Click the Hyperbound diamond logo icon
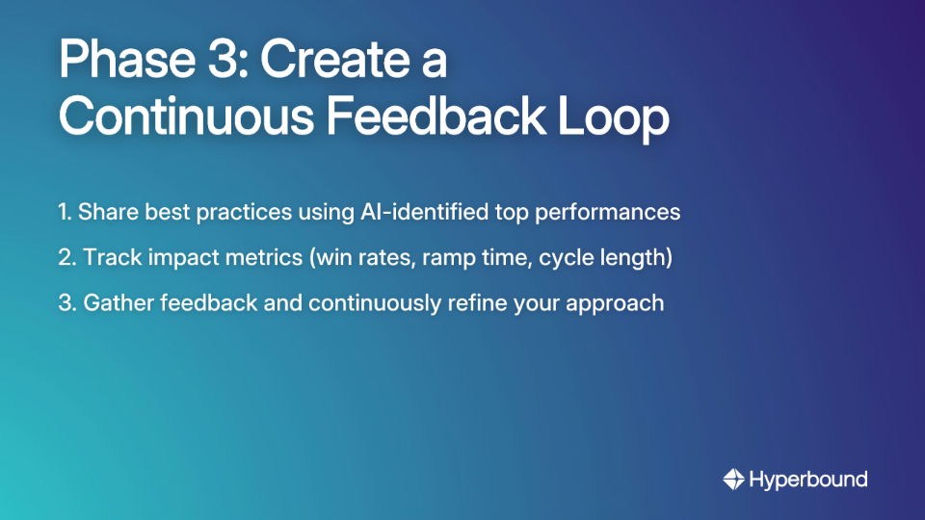(733, 479)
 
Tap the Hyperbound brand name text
(809, 479)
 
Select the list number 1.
(64, 212)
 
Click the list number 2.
(66, 257)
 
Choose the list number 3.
(66, 302)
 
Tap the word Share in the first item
(104, 212)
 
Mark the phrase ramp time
(465, 257)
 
